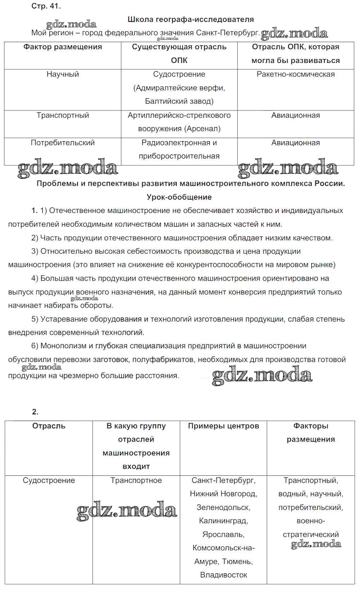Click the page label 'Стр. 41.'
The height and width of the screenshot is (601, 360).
coord(46,6)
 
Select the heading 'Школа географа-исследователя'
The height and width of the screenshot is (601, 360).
coord(190,19)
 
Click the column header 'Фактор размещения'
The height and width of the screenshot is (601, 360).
coord(63,47)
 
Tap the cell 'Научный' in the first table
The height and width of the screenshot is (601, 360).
coord(63,74)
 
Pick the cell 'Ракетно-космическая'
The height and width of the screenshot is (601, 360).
coord(296,74)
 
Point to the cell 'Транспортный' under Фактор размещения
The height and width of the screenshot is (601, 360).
coord(63,115)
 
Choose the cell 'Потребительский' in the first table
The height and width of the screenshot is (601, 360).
coord(63,143)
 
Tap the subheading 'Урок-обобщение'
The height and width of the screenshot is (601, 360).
coord(179,197)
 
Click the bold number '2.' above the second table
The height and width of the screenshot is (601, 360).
coord(35,412)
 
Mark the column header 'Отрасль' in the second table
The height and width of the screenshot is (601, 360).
coord(49,426)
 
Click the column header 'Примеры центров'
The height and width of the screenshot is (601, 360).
coord(224,426)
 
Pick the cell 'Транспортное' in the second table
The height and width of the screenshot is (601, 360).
coord(136,480)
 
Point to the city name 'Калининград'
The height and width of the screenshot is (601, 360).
coord(223,521)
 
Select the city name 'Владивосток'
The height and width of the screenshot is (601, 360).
coord(224,575)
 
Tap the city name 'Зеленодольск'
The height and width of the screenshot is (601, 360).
coord(223,507)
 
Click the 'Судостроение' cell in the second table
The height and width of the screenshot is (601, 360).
coord(49,480)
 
